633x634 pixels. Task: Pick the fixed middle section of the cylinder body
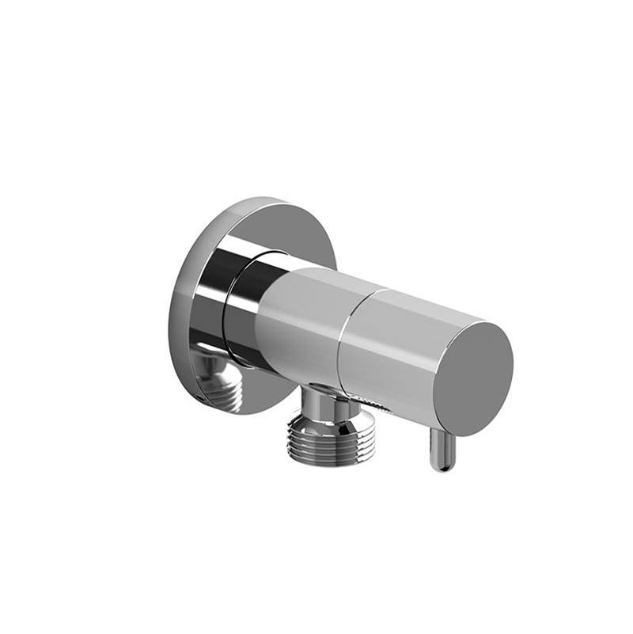point(297,317)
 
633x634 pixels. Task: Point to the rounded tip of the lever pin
point(442,466)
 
